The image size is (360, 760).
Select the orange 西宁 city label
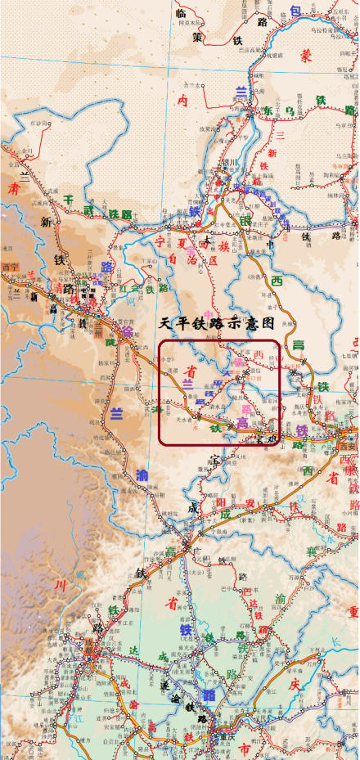(x=10, y=267)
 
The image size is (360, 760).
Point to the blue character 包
(x=295, y=9)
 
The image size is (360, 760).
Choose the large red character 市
(x=245, y=749)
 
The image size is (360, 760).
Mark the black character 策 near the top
(x=197, y=37)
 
